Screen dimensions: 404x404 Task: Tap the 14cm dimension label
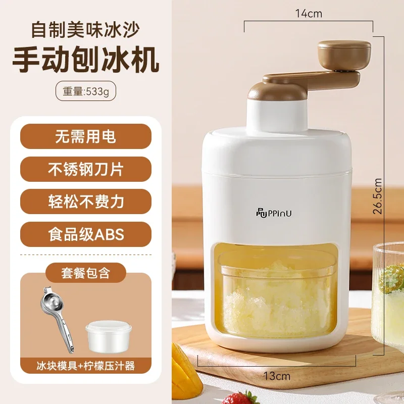[309, 14]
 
